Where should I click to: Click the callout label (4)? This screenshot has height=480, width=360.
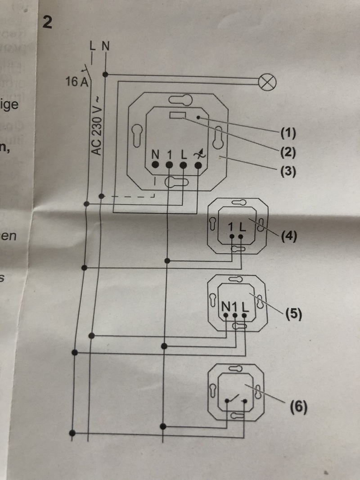pos(288,236)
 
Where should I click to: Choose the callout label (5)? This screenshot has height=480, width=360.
pos(292,313)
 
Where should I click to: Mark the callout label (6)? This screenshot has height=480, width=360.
pos(298,408)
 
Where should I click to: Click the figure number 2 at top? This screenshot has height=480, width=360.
pos(47,22)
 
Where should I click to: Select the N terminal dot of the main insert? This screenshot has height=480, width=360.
pos(155,165)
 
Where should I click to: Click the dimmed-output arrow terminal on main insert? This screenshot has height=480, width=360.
pos(198,165)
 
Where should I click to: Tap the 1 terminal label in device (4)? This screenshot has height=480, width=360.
pos(231,226)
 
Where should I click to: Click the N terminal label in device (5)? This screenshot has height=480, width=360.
pos(225,306)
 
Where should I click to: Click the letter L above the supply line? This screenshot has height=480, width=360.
pos(93,45)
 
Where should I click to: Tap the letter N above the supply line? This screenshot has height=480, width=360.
pos(105,45)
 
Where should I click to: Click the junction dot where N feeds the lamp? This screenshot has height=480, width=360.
pos(105,74)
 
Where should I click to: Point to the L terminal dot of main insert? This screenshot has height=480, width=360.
pos(184,165)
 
